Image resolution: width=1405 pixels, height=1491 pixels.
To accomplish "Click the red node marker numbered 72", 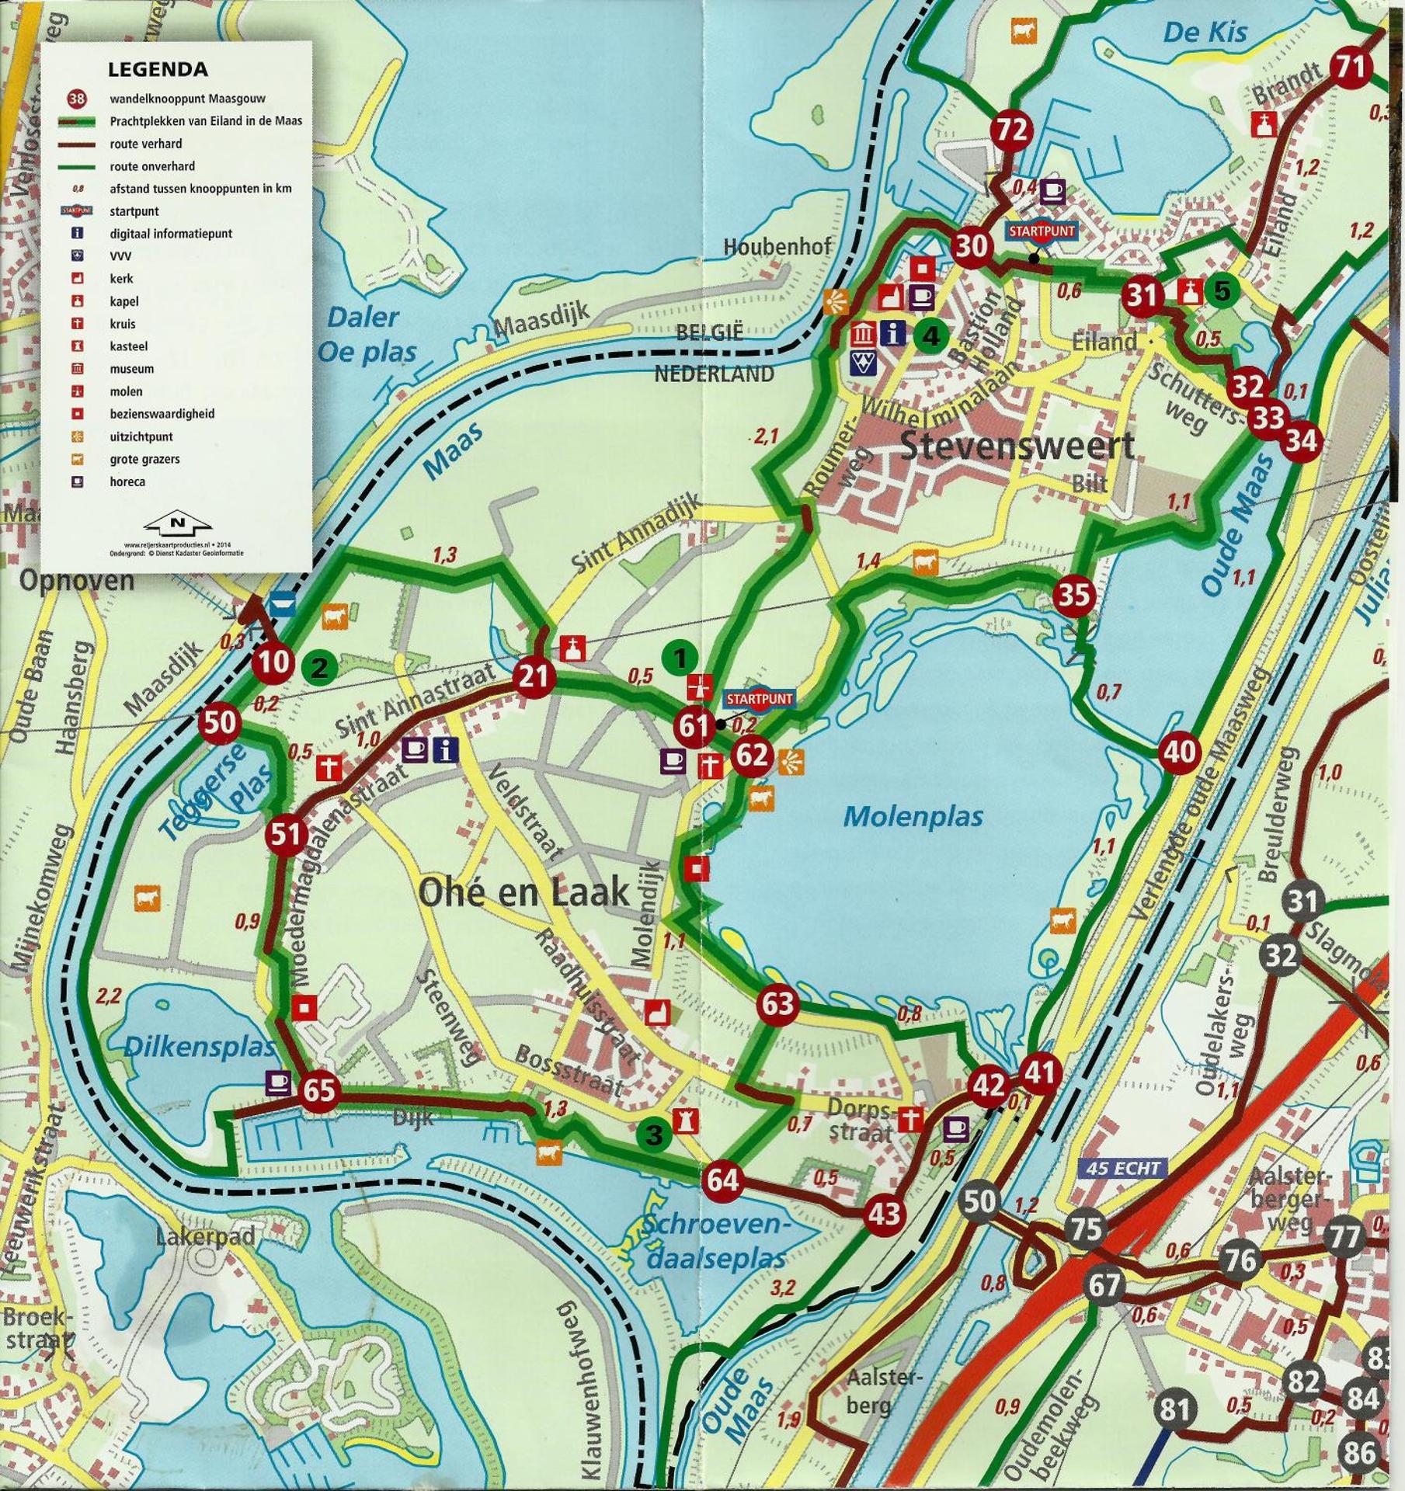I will [x=1011, y=130].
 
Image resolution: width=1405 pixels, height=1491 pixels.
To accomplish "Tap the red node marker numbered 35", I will [x=1074, y=596].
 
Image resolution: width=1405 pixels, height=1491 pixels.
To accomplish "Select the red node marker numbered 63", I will [x=777, y=1003].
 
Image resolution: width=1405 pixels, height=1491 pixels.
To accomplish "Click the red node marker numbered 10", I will [x=273, y=663].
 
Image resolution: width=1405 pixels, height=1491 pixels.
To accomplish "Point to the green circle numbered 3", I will [x=654, y=1135].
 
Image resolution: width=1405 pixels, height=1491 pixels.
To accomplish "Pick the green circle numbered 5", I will [x=1222, y=291].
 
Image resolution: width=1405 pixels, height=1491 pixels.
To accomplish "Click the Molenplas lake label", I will [x=913, y=816].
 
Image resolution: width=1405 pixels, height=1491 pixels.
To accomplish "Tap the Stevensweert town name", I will [x=1017, y=447].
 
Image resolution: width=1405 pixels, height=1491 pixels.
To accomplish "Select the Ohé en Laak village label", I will [x=524, y=892].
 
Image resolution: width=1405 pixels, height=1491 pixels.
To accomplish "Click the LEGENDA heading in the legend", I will [x=158, y=69].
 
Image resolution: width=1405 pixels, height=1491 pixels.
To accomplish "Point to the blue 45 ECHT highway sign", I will [x=1122, y=1168].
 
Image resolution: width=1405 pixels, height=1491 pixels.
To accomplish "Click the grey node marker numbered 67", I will [x=1104, y=1285].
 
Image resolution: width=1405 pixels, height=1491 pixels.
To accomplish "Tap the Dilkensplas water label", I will [x=200, y=1048].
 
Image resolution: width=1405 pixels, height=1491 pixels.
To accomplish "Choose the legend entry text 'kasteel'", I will [x=129, y=346].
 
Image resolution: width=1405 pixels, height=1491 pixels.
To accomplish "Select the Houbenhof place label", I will [x=777, y=247].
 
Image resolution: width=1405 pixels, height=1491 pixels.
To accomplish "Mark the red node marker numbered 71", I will [x=1351, y=68].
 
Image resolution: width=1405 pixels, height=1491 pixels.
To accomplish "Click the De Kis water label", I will [x=1205, y=33].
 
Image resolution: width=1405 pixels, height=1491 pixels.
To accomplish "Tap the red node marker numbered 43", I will [x=884, y=1213].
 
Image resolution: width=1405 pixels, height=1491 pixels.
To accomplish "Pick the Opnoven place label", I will [x=77, y=580].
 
